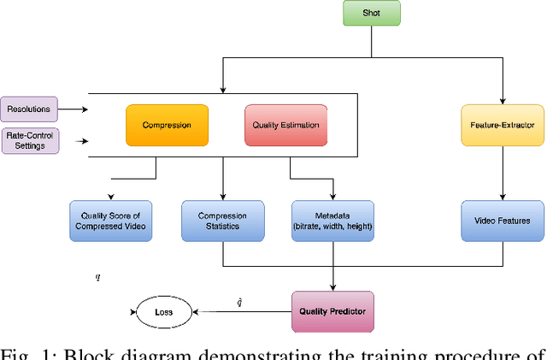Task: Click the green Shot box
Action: pos(370,14)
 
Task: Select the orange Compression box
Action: pos(168,124)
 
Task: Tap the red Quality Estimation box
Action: pos(285,124)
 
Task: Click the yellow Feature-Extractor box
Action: pos(503,124)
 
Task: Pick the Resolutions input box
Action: pos(29,109)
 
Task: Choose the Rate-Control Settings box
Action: pos(29,139)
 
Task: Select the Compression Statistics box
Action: pos(222,220)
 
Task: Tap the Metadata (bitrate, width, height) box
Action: pos(332,220)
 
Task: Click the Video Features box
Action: pos(503,220)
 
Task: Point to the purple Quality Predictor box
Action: pos(332,311)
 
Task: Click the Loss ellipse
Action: pos(163,312)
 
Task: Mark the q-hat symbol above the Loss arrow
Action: pos(239,301)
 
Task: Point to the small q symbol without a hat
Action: pos(97,277)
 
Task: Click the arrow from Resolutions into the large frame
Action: pos(73,109)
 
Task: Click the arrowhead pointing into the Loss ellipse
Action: pos(196,312)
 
